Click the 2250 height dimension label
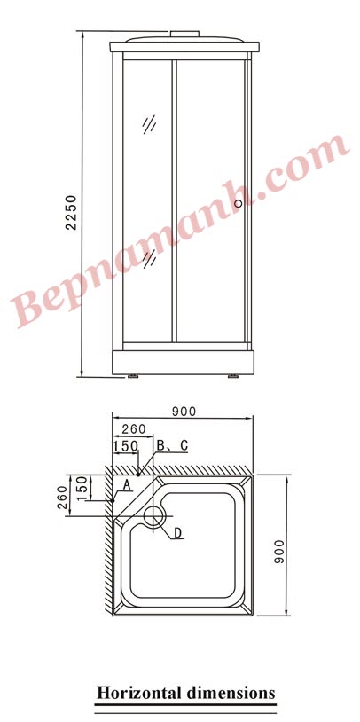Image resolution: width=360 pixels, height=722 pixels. [x=72, y=212]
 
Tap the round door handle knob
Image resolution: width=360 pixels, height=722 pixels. [x=238, y=204]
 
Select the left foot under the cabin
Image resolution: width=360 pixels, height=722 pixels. [x=132, y=376]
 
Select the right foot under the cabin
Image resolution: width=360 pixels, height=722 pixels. [x=233, y=376]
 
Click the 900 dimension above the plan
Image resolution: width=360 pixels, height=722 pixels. [x=184, y=411]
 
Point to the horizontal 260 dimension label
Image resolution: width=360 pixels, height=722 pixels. [x=134, y=429]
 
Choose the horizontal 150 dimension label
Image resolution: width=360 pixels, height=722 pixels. [x=125, y=445]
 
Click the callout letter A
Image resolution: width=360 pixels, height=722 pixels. [x=127, y=484]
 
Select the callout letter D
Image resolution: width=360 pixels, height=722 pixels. [x=177, y=533]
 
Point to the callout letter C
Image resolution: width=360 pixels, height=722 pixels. [x=184, y=445]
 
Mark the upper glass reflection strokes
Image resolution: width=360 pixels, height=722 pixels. [x=149, y=125]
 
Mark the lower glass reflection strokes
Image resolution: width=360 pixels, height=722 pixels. [x=153, y=258]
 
